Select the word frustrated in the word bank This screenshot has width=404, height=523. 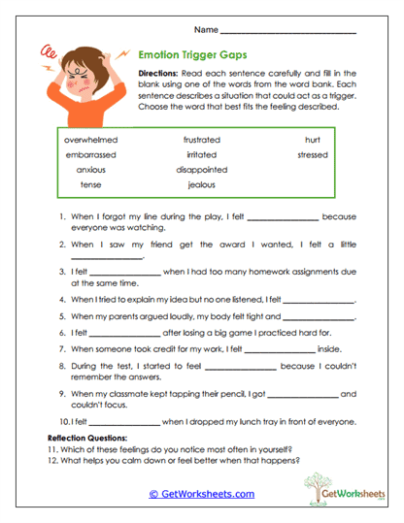click(x=202, y=140)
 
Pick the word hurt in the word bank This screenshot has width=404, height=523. click(x=312, y=140)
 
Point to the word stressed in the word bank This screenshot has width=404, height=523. click(x=312, y=154)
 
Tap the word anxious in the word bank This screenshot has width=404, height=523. click(x=90, y=169)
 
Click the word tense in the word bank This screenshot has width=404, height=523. click(x=90, y=184)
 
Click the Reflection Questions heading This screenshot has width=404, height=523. click(x=90, y=439)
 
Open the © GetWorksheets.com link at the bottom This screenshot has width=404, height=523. click(x=201, y=494)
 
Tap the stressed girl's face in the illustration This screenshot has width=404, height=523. click(x=79, y=78)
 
